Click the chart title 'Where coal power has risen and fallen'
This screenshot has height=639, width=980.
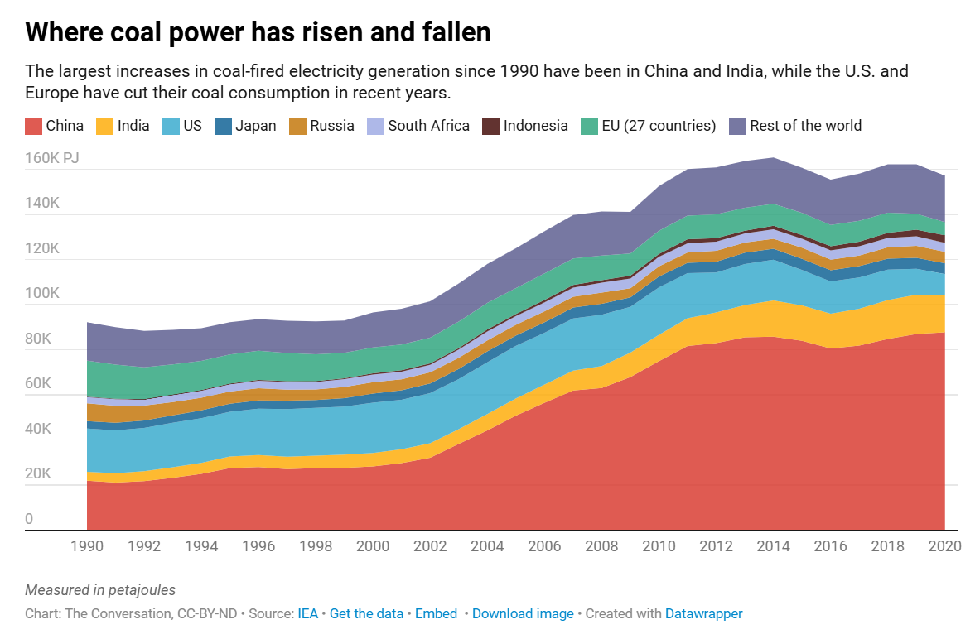point(258,32)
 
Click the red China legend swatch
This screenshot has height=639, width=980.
point(33,126)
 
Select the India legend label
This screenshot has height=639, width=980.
point(133,126)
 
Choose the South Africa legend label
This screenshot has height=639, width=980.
point(428,126)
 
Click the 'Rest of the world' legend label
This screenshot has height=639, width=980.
point(805,126)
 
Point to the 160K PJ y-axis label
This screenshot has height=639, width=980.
point(51,158)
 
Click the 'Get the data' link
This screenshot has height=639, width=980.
point(366,613)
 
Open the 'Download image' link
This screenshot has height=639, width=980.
point(523,613)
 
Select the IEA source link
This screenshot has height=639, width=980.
point(307,613)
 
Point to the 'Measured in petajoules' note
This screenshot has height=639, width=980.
point(100,590)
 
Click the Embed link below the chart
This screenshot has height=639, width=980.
point(436,613)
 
